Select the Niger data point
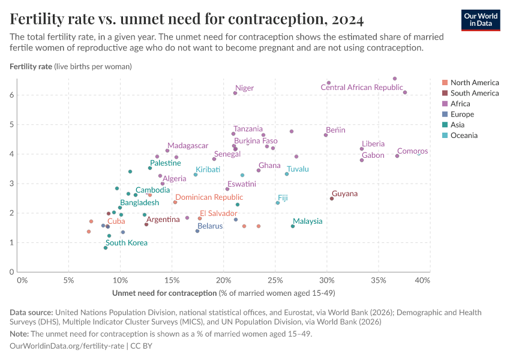(x=235, y=93)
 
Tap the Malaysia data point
(x=293, y=226)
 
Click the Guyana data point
(x=332, y=199)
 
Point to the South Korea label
(x=126, y=243)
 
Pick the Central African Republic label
(x=361, y=88)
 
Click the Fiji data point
(x=278, y=203)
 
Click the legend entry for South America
(x=474, y=93)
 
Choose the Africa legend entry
(x=460, y=104)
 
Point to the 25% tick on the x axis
(x=275, y=280)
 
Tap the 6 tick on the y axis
(x=11, y=95)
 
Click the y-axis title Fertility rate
(x=31, y=66)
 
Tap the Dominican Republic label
(x=209, y=197)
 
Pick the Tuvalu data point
(x=287, y=174)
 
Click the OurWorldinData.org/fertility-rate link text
(x=67, y=346)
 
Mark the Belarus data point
(x=197, y=231)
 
